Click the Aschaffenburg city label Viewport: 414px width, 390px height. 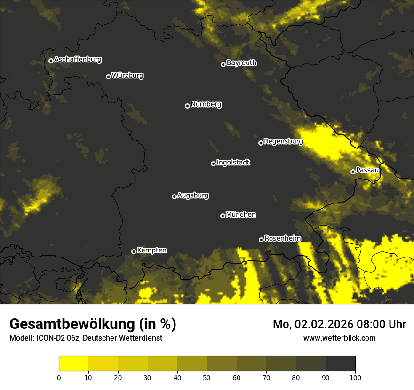pos(78,60)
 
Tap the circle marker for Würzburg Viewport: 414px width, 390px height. pos(108,77)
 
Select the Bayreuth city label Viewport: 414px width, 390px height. pos(241,63)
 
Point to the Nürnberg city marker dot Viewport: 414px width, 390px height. pos(187,106)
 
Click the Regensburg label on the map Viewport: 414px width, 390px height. pos(283,141)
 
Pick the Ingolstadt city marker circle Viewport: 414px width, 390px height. pos(213,164)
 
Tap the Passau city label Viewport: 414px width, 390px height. pos(367,170)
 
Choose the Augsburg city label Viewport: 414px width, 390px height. pos(193,195)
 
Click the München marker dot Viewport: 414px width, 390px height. pos(223,216)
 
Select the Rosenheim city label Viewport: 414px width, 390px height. pos(282,238)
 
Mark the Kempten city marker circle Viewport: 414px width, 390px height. pos(134,251)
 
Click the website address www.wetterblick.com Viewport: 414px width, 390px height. pos(339,338)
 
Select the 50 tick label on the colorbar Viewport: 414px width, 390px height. pos(207,377)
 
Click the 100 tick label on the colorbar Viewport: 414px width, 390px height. pos(355,377)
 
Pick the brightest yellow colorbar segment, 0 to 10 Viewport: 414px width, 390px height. pos(74,364)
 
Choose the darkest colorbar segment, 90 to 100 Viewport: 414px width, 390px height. pos(340,364)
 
